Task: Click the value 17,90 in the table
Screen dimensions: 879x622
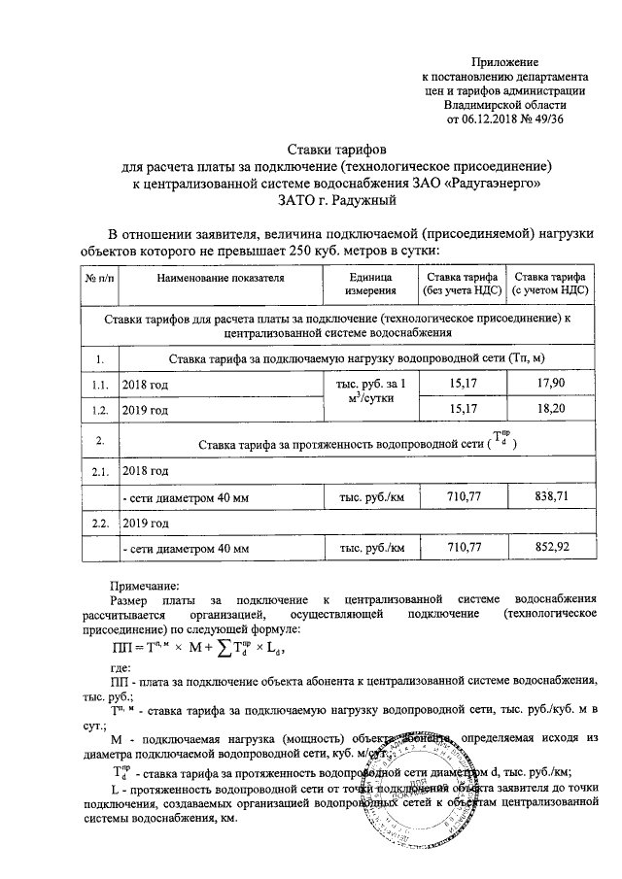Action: (x=550, y=386)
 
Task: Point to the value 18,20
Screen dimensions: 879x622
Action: (x=550, y=411)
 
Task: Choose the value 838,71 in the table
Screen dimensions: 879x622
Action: (x=550, y=496)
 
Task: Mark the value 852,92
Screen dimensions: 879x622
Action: (x=550, y=549)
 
